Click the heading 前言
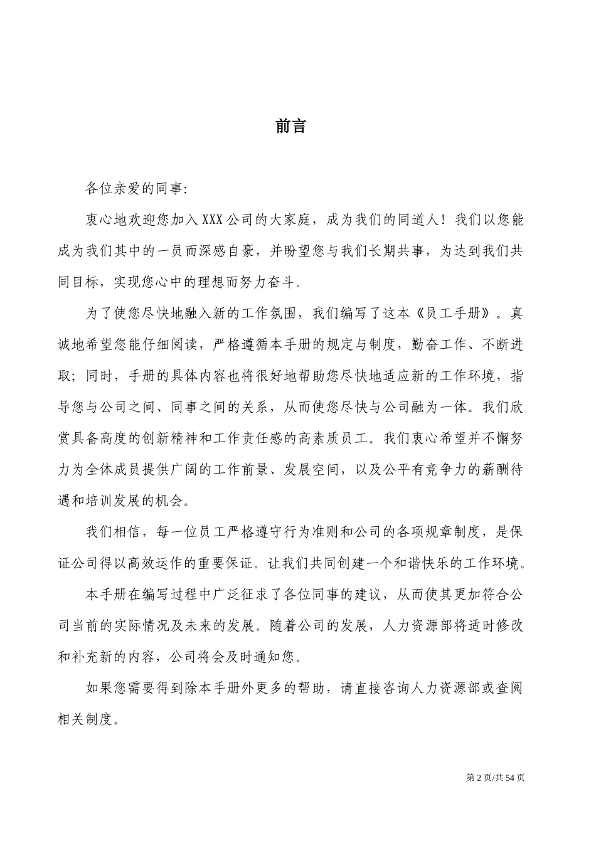click(291, 126)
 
